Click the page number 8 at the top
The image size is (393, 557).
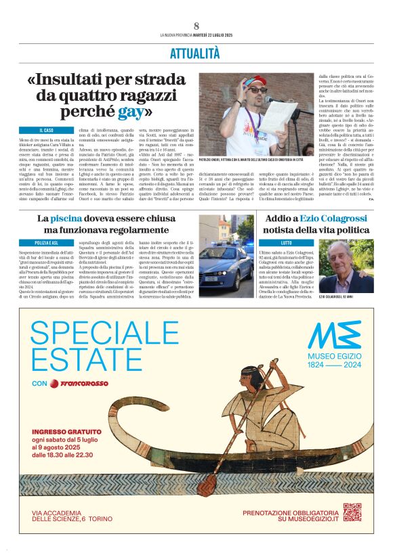196,26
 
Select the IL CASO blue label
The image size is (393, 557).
47,130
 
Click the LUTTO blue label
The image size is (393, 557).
287,242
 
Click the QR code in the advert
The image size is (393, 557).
352,514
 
